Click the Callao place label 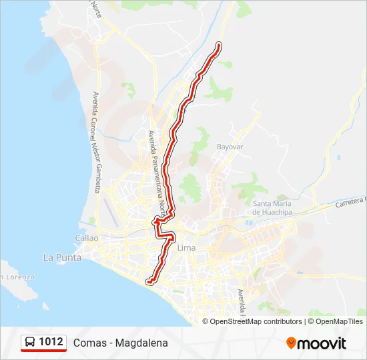87,238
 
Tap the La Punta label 62,257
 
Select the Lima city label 187,247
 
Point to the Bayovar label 228,146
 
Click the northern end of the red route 218,45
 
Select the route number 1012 51,343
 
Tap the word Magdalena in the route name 141,343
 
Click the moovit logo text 322,343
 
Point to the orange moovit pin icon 291,343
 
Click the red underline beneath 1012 43,351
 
